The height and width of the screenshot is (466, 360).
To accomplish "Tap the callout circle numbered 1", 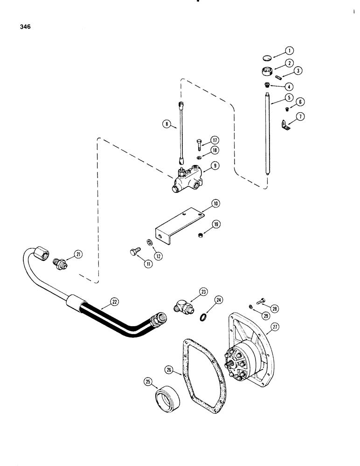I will (x=289, y=50).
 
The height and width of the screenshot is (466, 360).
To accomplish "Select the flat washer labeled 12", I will (x=148, y=243).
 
